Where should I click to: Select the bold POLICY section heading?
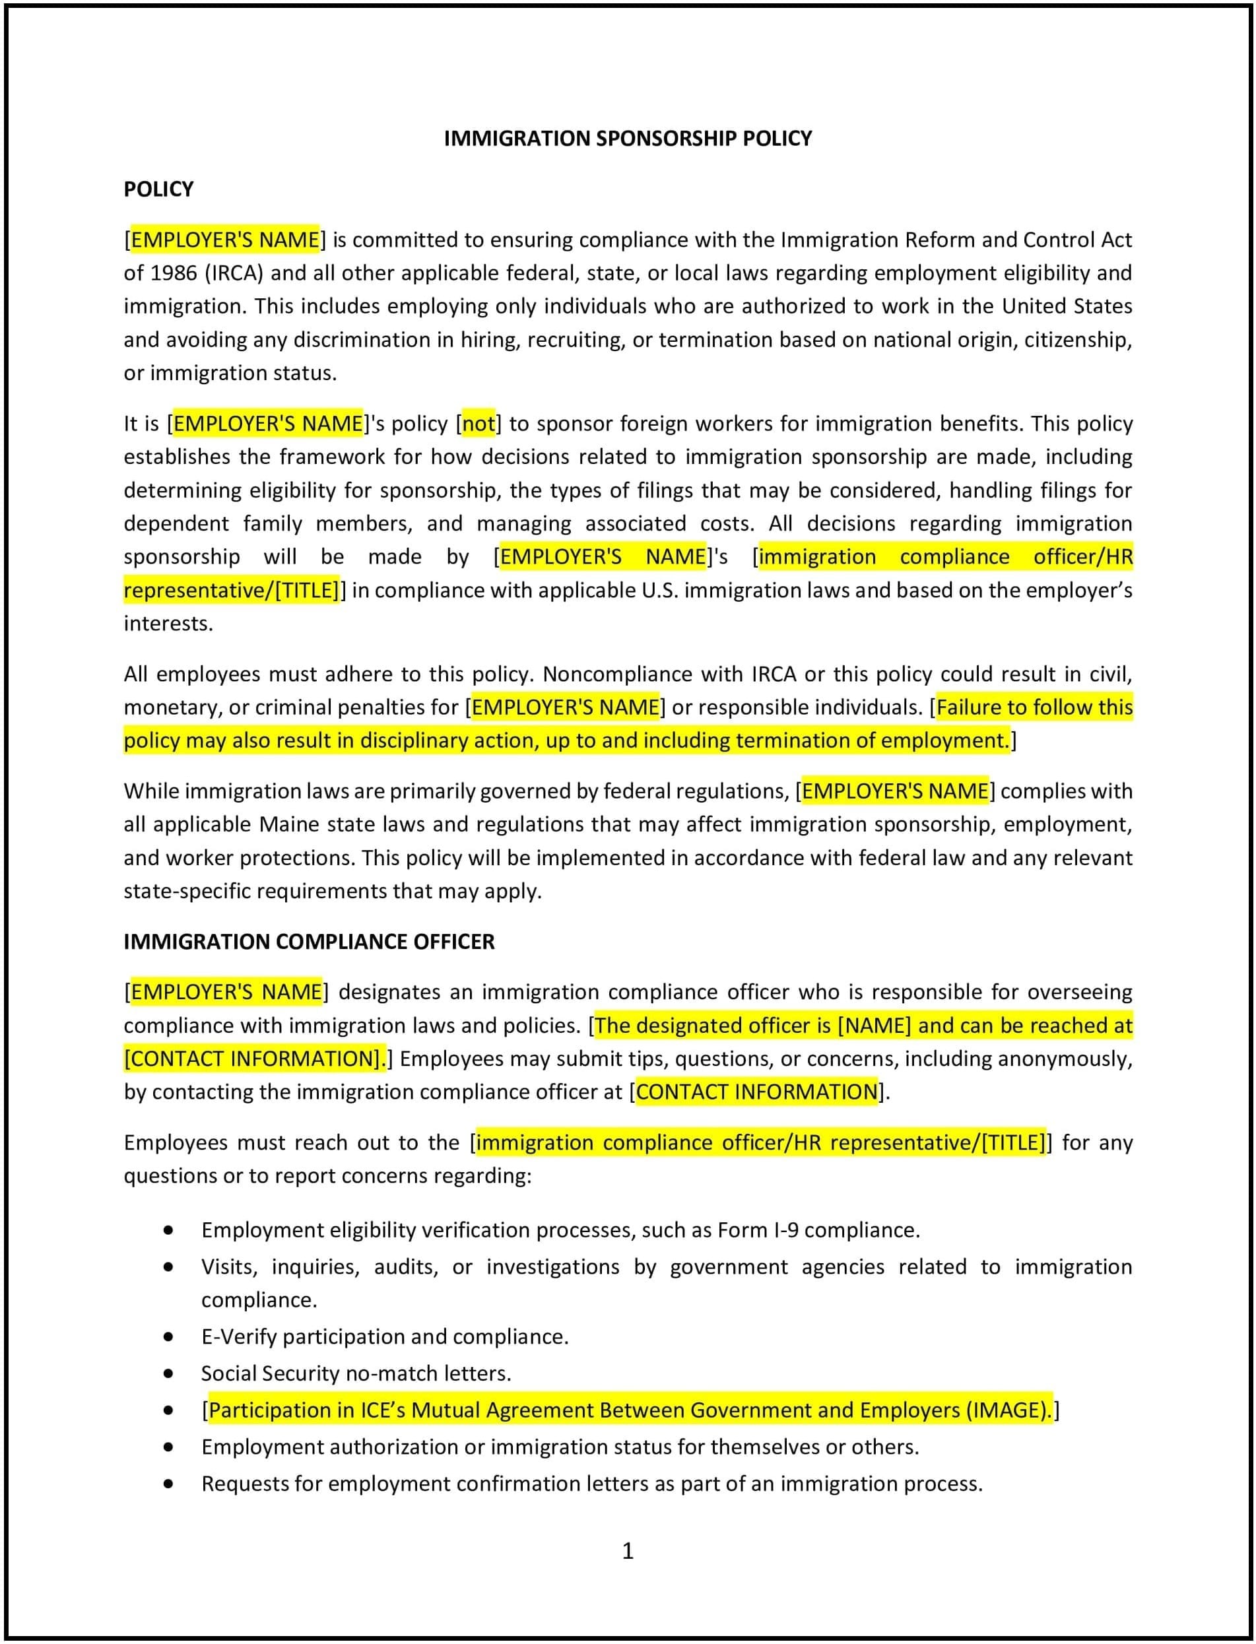point(158,189)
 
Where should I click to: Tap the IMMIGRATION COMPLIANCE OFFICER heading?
point(309,941)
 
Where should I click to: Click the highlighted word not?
point(479,424)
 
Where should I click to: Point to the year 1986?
point(174,273)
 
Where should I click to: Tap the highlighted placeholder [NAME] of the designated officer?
point(874,1025)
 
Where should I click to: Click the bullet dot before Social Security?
point(169,1373)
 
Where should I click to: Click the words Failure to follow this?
point(1034,707)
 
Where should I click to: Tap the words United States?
point(1067,306)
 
